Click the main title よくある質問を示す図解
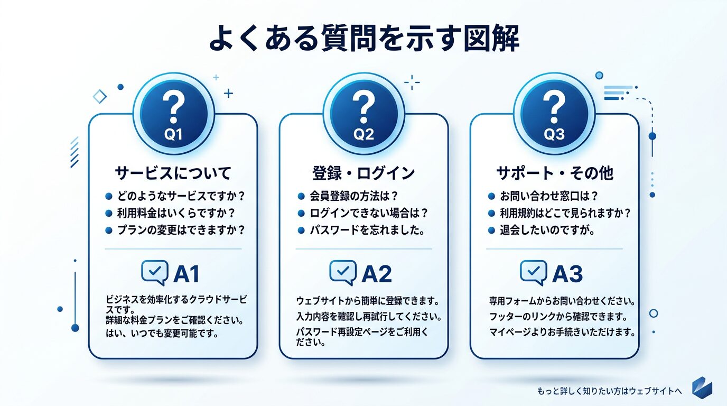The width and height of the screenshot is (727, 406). click(x=363, y=39)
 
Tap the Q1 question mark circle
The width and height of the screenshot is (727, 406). click(x=173, y=114)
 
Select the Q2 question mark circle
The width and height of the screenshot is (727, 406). click(x=363, y=114)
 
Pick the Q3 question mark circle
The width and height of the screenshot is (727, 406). click(x=554, y=114)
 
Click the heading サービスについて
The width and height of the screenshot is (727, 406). click(x=173, y=172)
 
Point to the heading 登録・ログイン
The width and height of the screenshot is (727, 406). click(x=363, y=172)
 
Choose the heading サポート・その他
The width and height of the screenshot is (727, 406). click(x=554, y=172)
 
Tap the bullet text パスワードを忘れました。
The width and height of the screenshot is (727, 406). click(x=368, y=230)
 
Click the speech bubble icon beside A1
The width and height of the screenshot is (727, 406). click(x=155, y=272)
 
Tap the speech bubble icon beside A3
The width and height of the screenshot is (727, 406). click(x=533, y=272)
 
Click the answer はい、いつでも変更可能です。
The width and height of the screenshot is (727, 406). click(x=162, y=334)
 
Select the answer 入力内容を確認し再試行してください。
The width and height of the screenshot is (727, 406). click(x=368, y=317)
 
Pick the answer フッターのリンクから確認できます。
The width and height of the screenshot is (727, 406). click(x=557, y=317)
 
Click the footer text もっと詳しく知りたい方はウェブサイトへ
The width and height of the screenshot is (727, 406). click(x=609, y=391)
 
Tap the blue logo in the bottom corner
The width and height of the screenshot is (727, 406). click(x=702, y=387)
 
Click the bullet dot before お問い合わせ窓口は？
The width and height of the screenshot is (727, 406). click(x=491, y=196)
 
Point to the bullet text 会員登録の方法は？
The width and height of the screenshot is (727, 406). click(x=354, y=196)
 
